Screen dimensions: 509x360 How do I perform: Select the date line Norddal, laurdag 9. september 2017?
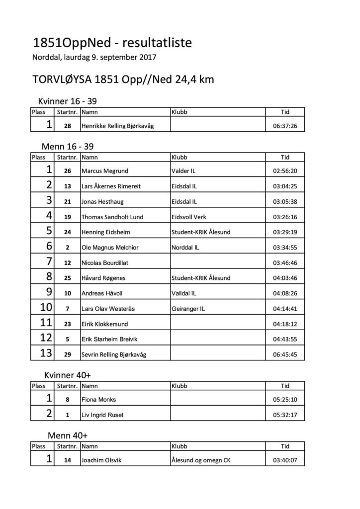point(94,57)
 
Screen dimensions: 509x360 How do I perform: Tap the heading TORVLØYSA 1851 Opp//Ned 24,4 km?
point(123,80)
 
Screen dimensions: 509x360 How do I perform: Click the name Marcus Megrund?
point(104,171)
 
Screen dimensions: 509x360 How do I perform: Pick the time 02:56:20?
point(285,171)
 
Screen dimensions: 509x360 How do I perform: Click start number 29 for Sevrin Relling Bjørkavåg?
point(68,354)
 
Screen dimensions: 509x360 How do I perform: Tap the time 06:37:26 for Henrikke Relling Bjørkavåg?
point(285,126)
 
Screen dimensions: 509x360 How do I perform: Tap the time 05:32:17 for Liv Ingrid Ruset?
point(285,415)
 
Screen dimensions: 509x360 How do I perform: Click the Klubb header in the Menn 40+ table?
point(179,446)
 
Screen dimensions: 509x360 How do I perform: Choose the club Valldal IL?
point(183,293)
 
